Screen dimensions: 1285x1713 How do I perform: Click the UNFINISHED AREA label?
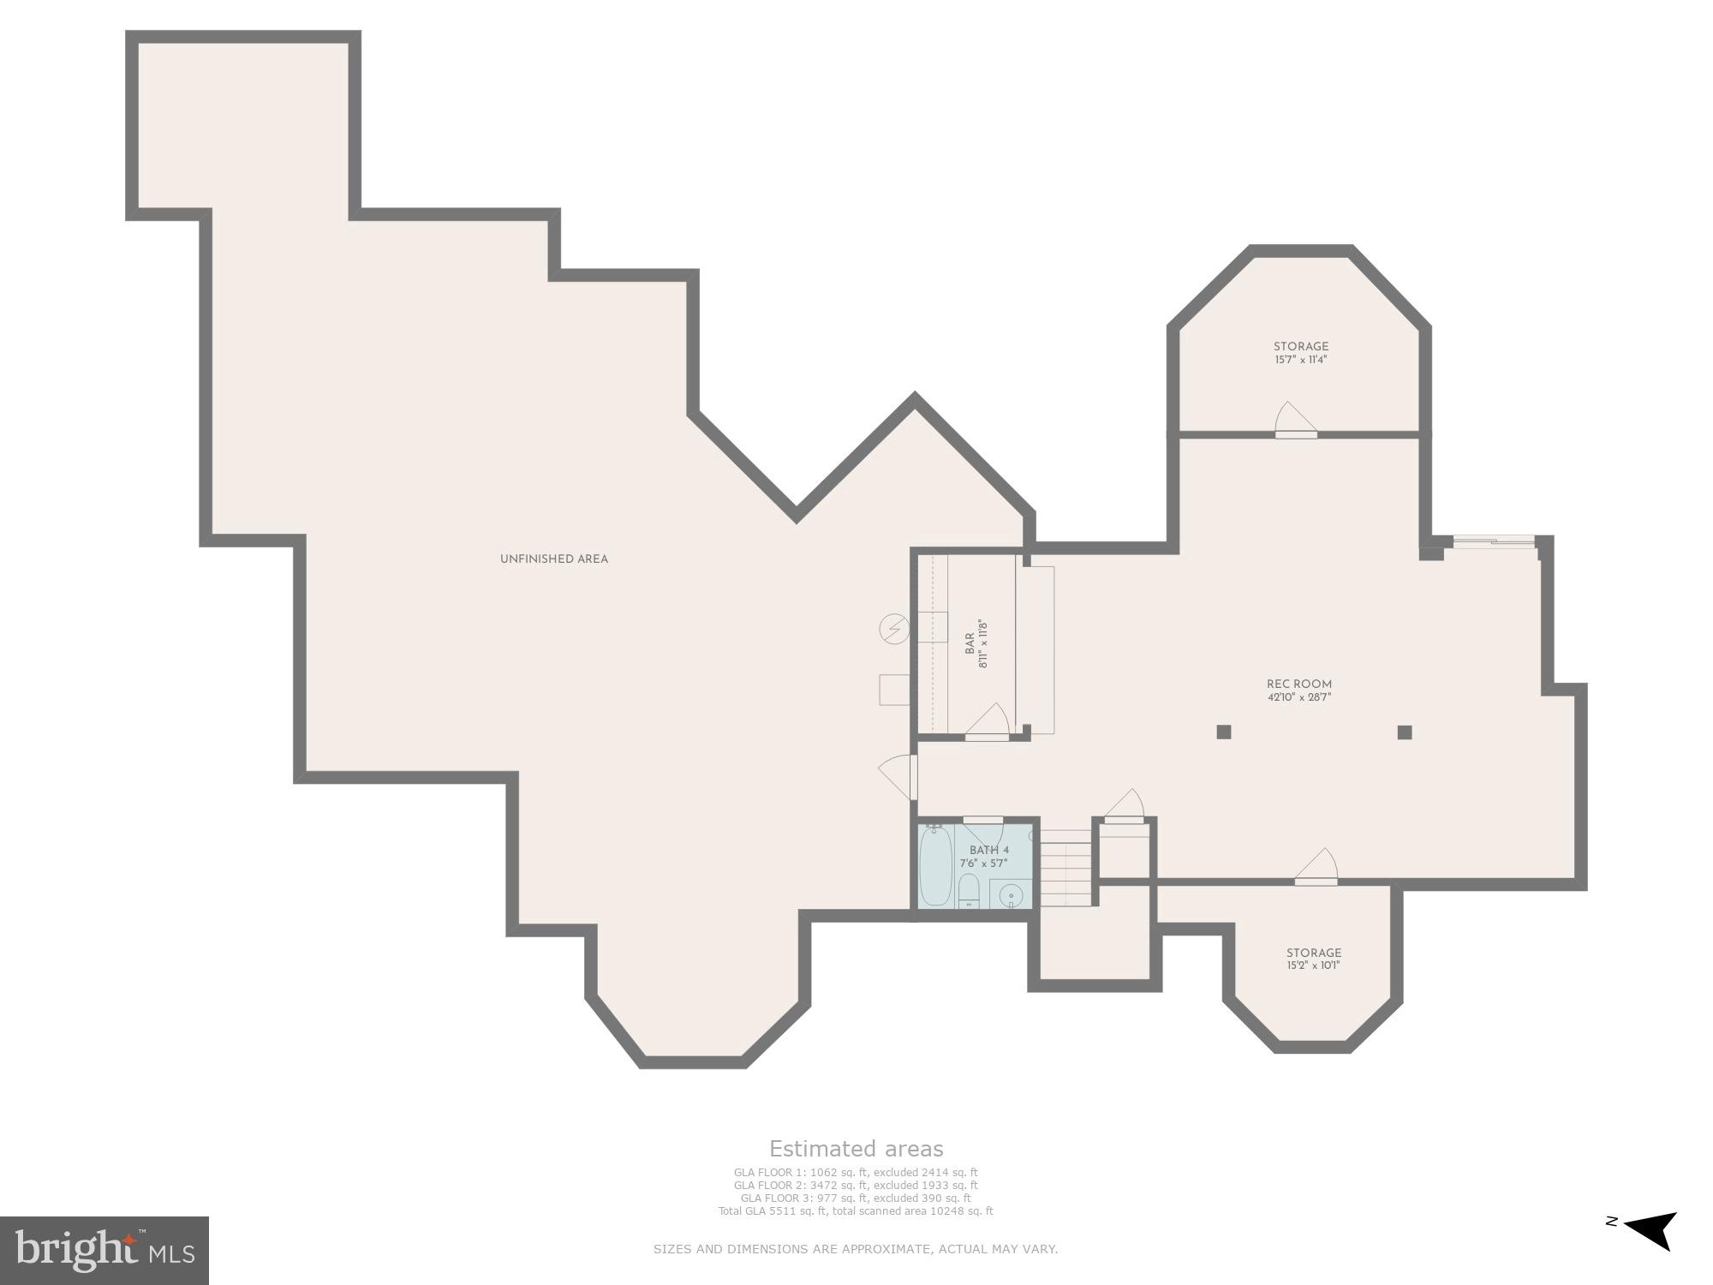tap(553, 559)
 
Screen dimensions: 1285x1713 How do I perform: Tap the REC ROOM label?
tap(1299, 684)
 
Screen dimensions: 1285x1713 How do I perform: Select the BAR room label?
tap(970, 644)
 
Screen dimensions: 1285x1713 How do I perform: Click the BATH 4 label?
tap(989, 851)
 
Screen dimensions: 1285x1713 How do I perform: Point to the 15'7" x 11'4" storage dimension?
tap(1300, 360)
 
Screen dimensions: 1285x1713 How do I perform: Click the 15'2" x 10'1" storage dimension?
tap(1313, 965)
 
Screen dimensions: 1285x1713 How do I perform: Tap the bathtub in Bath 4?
tap(935, 865)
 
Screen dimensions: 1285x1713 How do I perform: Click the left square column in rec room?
tap(1224, 732)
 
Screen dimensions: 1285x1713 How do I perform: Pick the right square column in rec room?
tap(1405, 732)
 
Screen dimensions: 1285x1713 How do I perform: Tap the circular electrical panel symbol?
tap(894, 630)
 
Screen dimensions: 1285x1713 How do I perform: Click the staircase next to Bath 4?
tap(1066, 868)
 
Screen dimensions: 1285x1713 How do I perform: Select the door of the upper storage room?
tap(1294, 421)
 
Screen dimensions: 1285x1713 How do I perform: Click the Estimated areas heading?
tap(856, 1149)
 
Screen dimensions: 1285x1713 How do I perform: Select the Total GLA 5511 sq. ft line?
tap(856, 1211)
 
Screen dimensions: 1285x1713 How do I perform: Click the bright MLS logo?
tap(104, 1251)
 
